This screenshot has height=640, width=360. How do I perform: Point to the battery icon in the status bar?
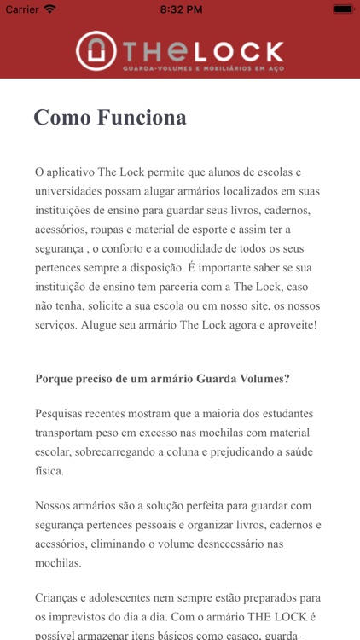tap(343, 9)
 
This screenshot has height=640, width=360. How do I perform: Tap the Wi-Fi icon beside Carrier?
tap(50, 9)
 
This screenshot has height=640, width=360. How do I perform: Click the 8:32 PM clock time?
tap(179, 9)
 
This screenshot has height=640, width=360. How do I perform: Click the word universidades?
tap(71, 190)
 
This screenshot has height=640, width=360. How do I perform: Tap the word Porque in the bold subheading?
tap(55, 379)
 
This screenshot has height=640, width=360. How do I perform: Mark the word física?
tap(49, 471)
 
